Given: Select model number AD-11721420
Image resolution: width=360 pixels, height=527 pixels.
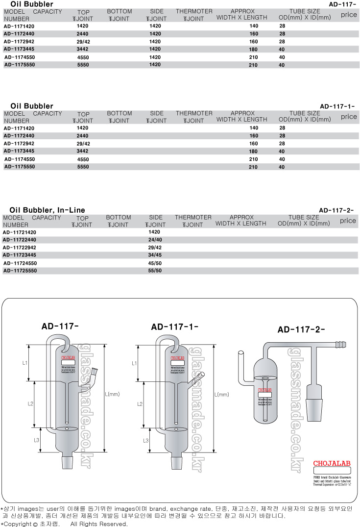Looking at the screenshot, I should [20, 232].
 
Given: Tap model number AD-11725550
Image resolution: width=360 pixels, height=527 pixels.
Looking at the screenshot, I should [20, 271].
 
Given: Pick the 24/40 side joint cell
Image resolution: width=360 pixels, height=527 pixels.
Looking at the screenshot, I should [155, 240].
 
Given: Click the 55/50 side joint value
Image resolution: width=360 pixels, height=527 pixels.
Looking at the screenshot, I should [155, 271].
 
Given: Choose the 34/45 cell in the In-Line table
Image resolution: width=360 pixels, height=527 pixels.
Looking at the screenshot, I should [155, 255].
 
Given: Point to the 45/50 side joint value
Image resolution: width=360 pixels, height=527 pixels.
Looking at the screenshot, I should [155, 263].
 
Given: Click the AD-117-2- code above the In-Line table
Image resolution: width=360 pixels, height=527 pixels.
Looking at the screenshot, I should [336, 210].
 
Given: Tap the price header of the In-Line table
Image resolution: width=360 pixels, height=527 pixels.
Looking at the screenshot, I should [348, 221].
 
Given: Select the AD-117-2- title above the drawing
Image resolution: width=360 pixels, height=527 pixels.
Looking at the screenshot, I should [301, 329].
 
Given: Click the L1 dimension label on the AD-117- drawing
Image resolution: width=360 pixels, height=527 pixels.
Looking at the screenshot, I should [25, 363].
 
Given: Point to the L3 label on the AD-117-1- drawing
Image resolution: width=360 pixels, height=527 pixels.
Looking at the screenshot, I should [145, 441].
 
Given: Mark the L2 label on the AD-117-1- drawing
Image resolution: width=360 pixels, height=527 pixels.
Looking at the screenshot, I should [140, 404].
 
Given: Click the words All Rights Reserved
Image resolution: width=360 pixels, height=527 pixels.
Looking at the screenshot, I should [99, 524].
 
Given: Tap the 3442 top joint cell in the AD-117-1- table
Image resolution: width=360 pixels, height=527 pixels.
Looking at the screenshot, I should [83, 151].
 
